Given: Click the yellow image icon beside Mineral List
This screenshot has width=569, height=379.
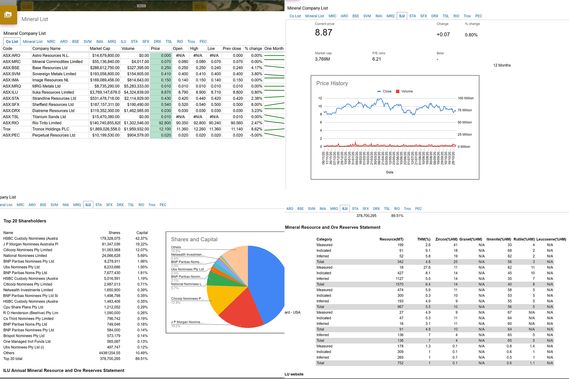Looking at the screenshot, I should coord(8,15).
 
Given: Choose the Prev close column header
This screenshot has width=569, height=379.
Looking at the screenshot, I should coord(232,49).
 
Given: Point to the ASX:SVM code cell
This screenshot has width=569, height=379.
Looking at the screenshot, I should coord(12,74).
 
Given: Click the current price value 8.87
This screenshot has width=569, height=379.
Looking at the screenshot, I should coord(323,33).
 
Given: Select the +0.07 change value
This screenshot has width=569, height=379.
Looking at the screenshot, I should coord(443,35).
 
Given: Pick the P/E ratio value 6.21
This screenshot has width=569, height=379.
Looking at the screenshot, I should coord(376,59).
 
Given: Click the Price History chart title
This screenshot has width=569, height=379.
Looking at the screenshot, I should coord(332,83).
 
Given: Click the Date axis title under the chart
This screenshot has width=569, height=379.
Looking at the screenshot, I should coord(390,172).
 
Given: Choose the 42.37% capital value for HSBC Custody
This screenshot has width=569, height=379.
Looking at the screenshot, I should coord(141,239).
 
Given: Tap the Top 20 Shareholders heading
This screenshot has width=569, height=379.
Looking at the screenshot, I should coord(25,221).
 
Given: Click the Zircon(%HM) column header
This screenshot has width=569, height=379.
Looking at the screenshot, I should coord(446,239).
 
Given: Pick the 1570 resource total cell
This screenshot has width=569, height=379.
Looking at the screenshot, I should coord(399,284).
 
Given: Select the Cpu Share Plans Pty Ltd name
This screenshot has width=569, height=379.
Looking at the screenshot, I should coord(23,307).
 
